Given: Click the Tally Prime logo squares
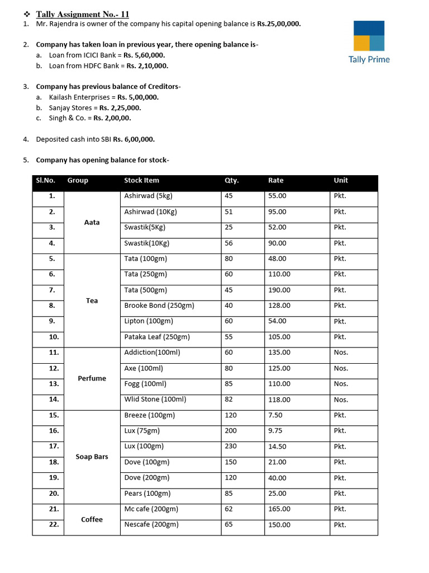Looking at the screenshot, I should (x=369, y=36).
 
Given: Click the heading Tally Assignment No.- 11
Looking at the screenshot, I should (x=82, y=14).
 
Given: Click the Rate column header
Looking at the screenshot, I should (x=275, y=180).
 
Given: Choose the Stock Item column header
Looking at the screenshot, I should (x=141, y=180).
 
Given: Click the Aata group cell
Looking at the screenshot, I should (x=92, y=222).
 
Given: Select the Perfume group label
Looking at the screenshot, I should (x=92, y=378).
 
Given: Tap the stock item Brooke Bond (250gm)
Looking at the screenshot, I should (x=159, y=306).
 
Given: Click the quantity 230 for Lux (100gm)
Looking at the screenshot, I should (x=230, y=446).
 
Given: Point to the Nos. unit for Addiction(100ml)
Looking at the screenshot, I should (x=341, y=353).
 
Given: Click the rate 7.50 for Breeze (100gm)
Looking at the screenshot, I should (x=275, y=415).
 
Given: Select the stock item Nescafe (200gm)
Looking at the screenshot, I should (x=151, y=524).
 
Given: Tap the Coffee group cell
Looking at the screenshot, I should (x=92, y=519).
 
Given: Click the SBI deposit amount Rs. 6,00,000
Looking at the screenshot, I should (x=134, y=139).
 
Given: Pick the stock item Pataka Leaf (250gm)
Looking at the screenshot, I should (x=157, y=337).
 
